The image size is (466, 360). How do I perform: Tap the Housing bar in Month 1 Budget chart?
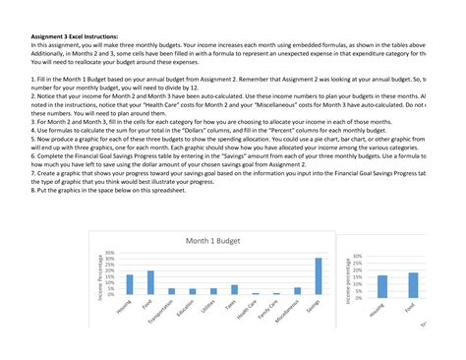tap(130, 284)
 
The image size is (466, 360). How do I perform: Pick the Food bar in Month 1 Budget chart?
tap(150, 282)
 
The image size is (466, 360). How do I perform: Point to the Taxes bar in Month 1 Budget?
tap(234, 289)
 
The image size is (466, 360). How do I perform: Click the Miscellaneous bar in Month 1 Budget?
tap(297, 291)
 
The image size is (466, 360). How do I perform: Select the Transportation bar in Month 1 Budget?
tap(171, 291)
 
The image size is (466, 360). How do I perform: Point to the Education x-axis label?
tap(186, 308)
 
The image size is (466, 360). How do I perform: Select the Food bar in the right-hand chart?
tap(413, 284)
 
